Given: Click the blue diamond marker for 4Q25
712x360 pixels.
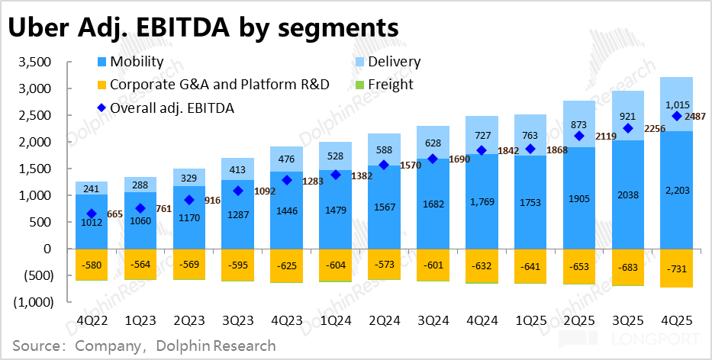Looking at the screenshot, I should pyautogui.click(x=676, y=116).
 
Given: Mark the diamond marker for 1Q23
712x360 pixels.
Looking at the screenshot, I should pyautogui.click(x=140, y=208).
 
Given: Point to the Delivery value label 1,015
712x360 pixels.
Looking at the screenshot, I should pyautogui.click(x=676, y=105).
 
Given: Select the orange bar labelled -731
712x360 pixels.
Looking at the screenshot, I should pyautogui.click(x=676, y=268).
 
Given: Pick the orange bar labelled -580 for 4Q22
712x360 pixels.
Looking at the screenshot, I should pyautogui.click(x=92, y=264).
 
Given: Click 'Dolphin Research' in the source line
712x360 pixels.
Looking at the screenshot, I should pyautogui.click(x=215, y=346).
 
